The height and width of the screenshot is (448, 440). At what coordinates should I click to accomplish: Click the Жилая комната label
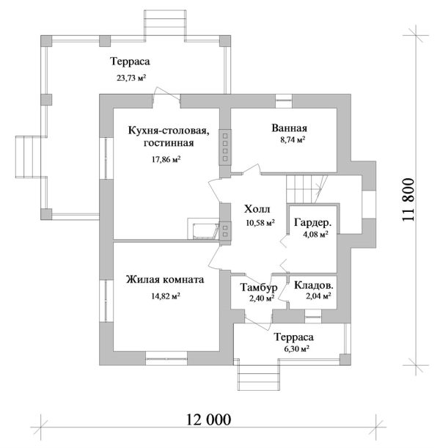tap(165, 280)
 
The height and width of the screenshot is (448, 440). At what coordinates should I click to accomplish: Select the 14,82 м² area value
tap(166, 296)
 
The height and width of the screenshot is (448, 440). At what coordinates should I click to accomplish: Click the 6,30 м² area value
tap(293, 350)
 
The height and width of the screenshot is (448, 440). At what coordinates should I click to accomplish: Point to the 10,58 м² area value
tap(260, 222)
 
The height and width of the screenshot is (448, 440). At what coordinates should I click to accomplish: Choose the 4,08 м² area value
tap(315, 235)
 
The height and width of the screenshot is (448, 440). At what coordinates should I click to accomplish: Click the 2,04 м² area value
tap(317, 297)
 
